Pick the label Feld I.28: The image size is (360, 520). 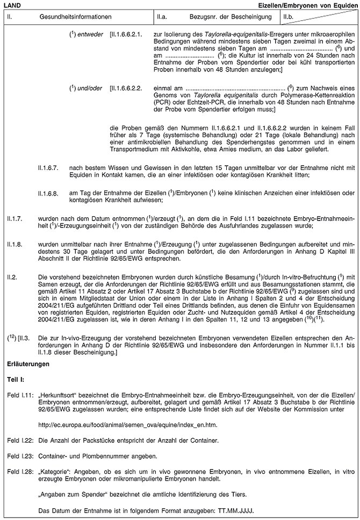tap(18, 472)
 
